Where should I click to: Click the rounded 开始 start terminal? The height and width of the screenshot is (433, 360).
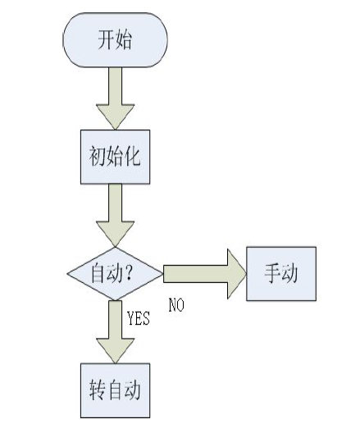(x=115, y=40)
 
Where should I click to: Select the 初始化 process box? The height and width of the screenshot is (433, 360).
(x=115, y=157)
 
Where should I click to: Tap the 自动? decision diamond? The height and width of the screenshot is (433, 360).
(x=115, y=274)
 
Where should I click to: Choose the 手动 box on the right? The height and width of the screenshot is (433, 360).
(x=281, y=274)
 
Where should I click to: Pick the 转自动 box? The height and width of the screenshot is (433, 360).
(x=115, y=390)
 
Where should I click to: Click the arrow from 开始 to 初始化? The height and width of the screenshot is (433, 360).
(x=115, y=98)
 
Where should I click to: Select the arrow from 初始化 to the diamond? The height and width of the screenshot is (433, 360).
(x=115, y=216)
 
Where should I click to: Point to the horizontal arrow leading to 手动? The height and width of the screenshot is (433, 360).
(x=205, y=274)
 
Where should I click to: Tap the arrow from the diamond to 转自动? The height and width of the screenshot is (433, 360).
(x=115, y=332)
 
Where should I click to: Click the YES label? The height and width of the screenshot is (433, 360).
(x=139, y=318)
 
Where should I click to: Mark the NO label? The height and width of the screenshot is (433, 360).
(x=176, y=305)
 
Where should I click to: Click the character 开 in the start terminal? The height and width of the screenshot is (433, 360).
(x=107, y=39)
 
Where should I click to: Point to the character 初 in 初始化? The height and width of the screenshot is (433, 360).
(x=98, y=157)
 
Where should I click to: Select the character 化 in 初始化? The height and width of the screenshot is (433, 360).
(x=133, y=157)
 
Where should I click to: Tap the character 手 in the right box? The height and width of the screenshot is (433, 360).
(x=272, y=273)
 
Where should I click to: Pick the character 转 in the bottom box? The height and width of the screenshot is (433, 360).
(x=98, y=390)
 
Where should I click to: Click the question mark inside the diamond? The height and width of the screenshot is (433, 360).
(x=129, y=272)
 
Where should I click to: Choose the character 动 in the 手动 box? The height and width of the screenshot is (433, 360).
(x=289, y=273)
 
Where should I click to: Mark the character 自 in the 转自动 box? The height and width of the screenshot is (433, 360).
(x=115, y=390)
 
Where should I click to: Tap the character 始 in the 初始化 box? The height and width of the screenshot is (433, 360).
(x=115, y=157)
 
